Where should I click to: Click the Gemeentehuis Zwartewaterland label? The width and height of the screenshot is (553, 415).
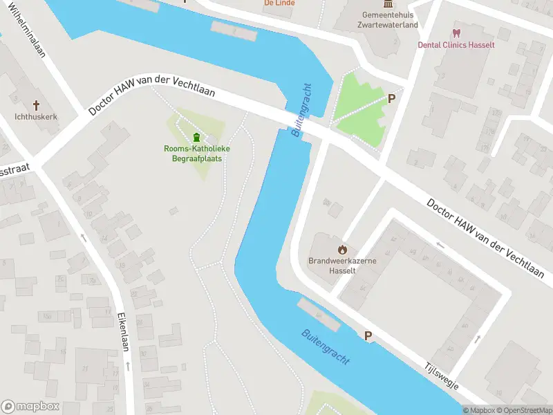pos(391,19)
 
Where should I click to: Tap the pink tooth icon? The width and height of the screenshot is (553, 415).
pos(456,33)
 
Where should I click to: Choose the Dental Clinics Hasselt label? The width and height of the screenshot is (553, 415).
pos(456,44)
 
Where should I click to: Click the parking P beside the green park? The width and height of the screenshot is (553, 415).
pos(391,99)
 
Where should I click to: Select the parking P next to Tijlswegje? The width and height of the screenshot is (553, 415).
pos(368,335)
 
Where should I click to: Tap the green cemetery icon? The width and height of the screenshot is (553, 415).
pos(197,136)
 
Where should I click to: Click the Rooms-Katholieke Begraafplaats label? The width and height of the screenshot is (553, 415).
pos(197,154)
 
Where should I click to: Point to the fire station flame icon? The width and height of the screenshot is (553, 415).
pos(341,249)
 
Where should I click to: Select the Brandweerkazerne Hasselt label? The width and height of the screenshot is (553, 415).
pos(341,266)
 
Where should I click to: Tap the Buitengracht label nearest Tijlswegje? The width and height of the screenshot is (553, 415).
pos(326,347)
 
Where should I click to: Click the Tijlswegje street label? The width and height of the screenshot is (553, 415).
pos(442,377)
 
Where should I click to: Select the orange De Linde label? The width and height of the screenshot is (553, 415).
pos(279,3)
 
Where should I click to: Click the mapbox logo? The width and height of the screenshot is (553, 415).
pos(30,406)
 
